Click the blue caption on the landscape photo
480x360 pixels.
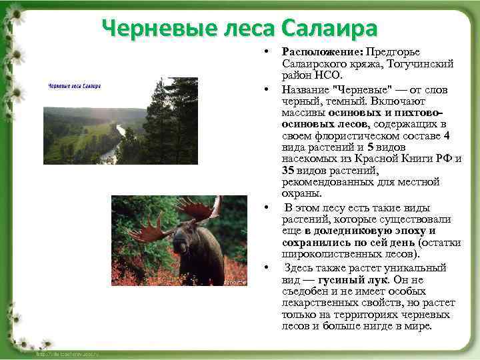tap(74, 86)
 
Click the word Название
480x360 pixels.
tap(305, 89)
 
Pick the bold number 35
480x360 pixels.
tap(289, 170)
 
